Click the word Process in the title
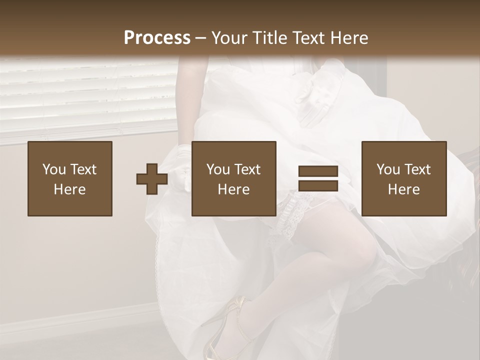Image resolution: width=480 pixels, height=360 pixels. click(157, 38)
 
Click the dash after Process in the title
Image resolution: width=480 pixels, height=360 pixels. click(201, 38)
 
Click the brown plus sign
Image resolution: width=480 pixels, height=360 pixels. click(152, 179)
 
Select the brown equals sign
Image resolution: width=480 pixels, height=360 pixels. click(318, 178)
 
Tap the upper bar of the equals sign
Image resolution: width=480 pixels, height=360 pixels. click(318, 171)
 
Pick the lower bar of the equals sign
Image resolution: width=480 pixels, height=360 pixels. click(318, 185)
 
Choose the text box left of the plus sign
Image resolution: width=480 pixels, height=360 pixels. click(70, 178)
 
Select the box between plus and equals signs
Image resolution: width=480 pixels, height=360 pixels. click(233, 178)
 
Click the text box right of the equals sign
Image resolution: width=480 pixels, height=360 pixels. click(403, 178)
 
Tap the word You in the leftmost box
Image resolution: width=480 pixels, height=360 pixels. click(53, 169)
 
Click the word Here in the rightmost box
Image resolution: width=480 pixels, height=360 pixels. click(403, 189)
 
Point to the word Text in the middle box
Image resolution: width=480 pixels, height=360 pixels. click(247, 169)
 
